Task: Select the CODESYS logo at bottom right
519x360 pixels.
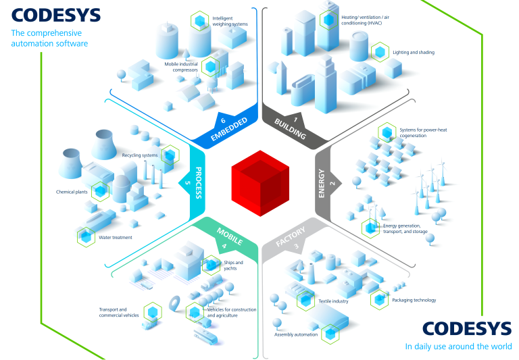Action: (x=467, y=328)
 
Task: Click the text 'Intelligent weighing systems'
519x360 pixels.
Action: (x=230, y=21)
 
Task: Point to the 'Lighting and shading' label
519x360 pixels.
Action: (x=414, y=52)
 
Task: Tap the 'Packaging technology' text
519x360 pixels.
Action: (x=414, y=300)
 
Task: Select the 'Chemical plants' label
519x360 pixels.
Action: (x=72, y=192)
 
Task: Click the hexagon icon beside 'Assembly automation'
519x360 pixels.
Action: (x=330, y=332)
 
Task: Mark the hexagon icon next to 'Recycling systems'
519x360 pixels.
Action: (x=170, y=155)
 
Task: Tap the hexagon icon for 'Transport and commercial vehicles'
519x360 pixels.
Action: (x=153, y=311)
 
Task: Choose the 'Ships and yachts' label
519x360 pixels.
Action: (x=233, y=265)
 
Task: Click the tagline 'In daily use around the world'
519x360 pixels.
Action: (x=458, y=346)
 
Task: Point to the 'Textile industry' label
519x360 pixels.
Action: (x=333, y=301)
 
